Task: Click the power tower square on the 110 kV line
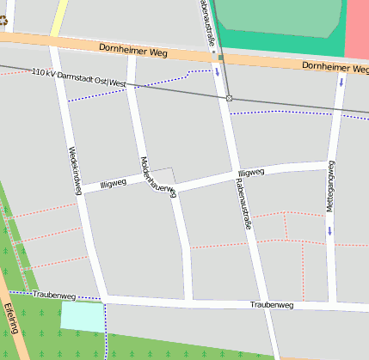pos(229,99)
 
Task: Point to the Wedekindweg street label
pos(73,168)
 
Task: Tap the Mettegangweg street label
pos(330,186)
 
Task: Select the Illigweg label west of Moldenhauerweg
pos(113,183)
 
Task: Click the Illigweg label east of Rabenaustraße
pos(250,173)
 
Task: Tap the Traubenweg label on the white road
pos(271,305)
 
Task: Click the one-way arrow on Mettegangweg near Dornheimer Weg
pos(341,82)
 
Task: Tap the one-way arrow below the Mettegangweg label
pos(329,230)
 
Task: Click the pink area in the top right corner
pos(358,26)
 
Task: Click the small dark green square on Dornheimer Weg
pos(221,58)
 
